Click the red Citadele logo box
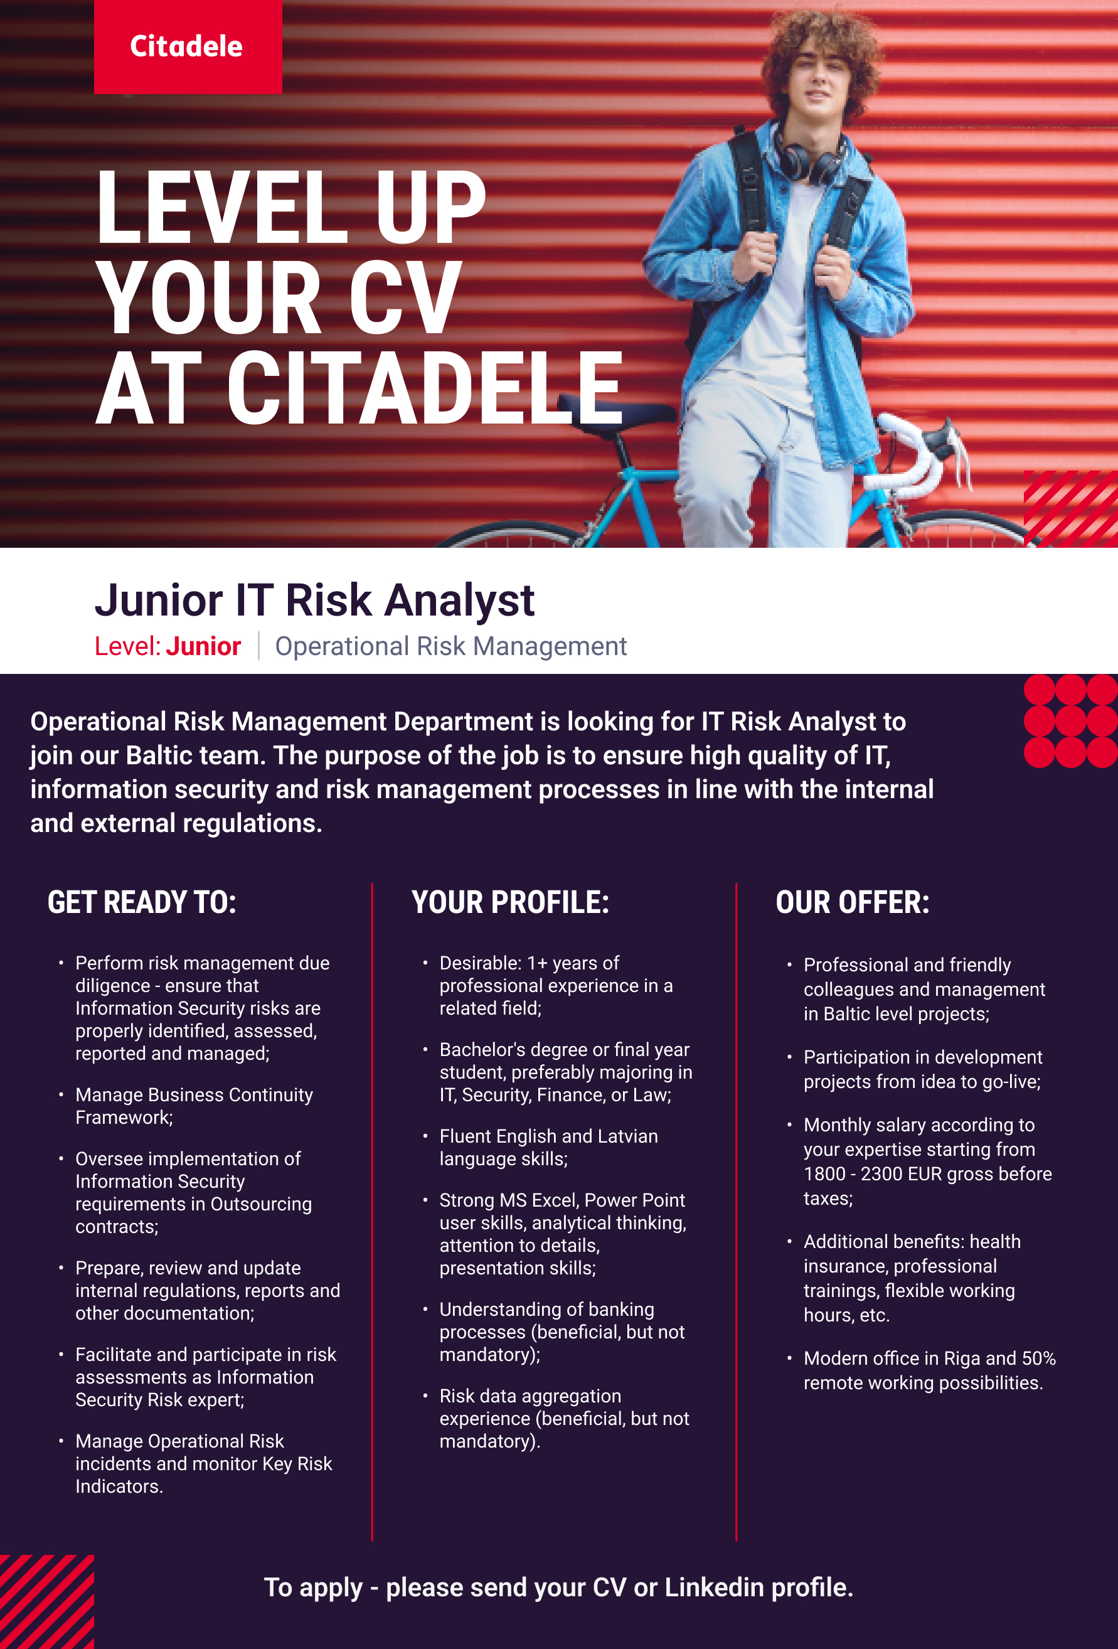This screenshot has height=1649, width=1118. pyautogui.click(x=188, y=47)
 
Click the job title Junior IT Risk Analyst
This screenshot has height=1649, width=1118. pyautogui.click(x=314, y=600)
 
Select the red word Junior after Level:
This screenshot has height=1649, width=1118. pyautogui.click(x=204, y=646)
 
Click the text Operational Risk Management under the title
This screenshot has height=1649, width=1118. pyautogui.click(x=451, y=646)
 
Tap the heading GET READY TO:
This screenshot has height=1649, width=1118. pyautogui.click(x=142, y=902)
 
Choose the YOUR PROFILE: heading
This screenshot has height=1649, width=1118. pyautogui.click(x=510, y=902)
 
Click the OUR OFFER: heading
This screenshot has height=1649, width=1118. pyautogui.click(x=853, y=902)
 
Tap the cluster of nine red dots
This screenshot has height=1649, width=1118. pyautogui.click(x=1070, y=721)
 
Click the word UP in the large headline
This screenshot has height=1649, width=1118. pyautogui.click(x=430, y=208)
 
